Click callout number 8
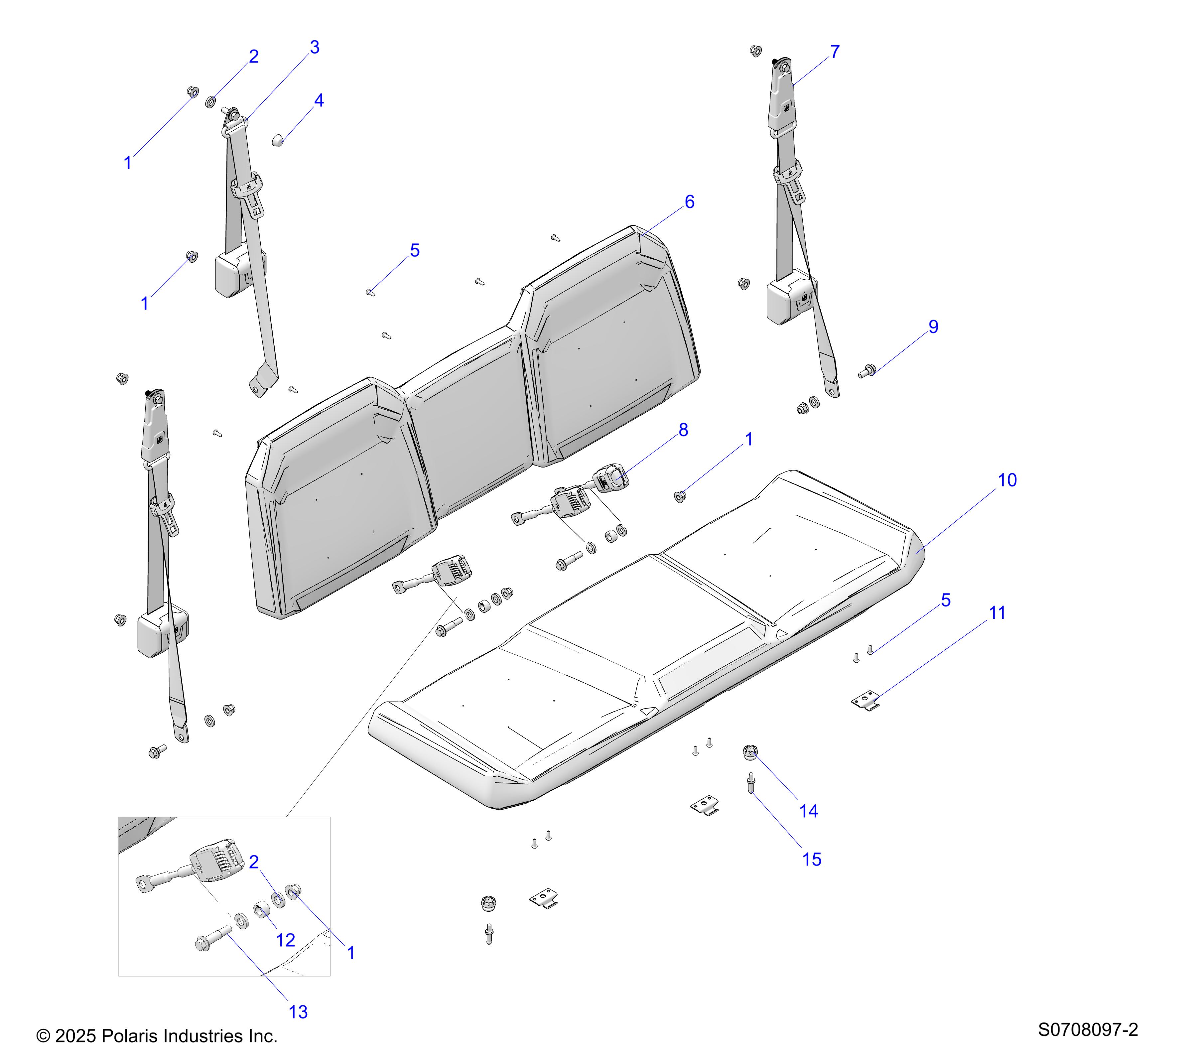coord(683,430)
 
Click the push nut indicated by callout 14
coord(749,752)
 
